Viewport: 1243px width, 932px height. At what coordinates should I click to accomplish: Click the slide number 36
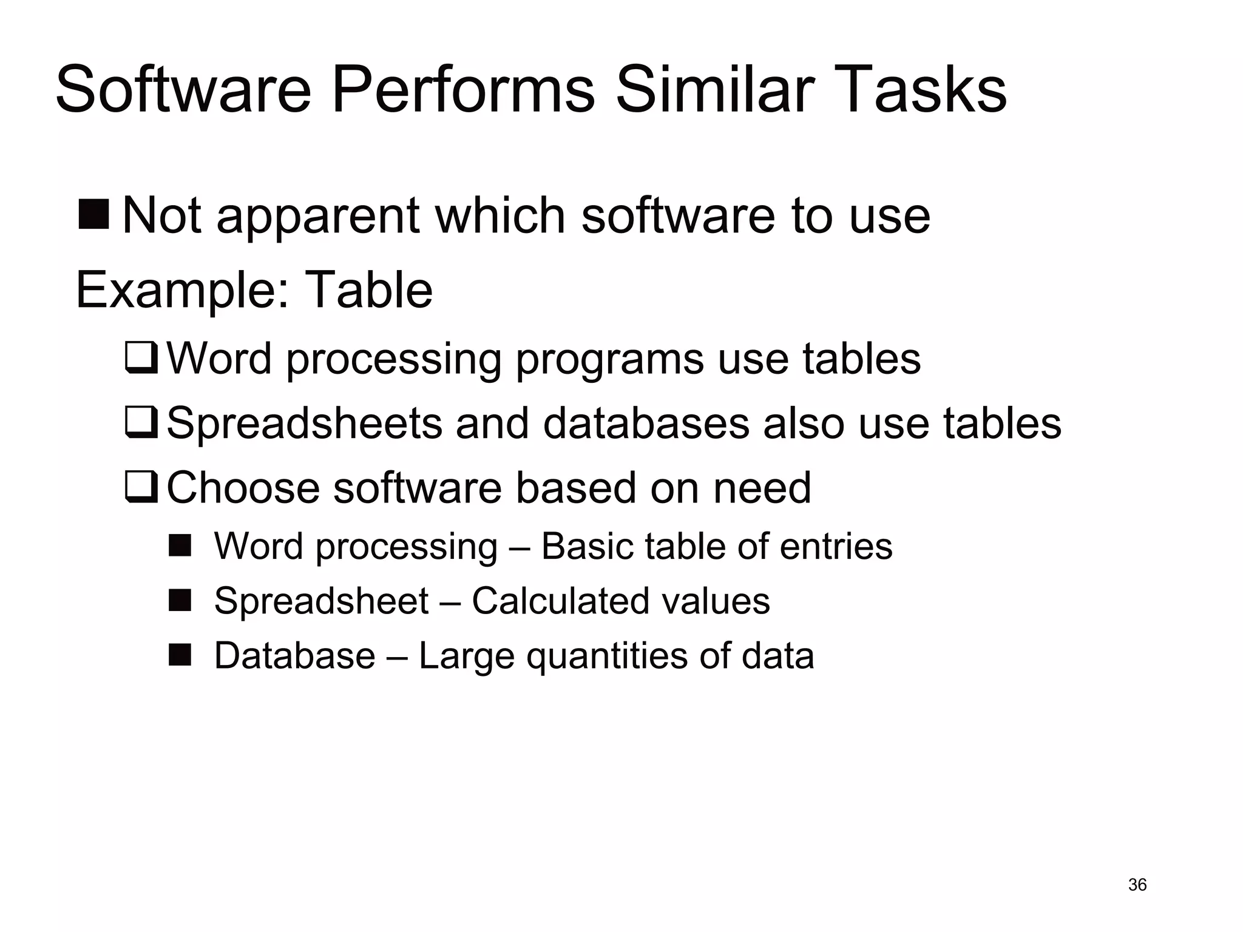(1137, 885)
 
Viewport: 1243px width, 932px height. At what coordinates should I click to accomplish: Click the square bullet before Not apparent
(93, 214)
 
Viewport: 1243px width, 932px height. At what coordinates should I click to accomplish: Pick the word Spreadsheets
(304, 423)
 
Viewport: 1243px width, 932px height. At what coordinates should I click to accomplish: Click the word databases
(646, 423)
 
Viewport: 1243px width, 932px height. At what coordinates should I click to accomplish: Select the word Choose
(243, 487)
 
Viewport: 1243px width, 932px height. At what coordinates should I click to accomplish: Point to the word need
(762, 487)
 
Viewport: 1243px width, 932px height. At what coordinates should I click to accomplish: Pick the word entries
(836, 546)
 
